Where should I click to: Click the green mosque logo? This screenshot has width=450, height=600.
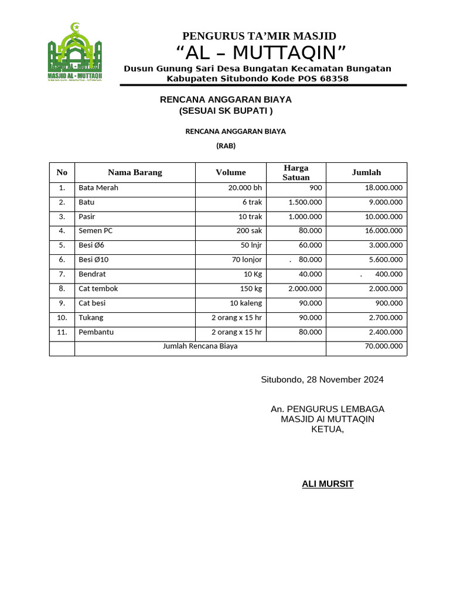(74, 53)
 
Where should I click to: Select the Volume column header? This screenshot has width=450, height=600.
(230, 172)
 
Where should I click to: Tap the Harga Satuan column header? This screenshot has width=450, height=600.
(295, 172)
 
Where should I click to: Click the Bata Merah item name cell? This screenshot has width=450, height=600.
(98, 187)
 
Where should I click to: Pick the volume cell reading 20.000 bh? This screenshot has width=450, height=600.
(245, 187)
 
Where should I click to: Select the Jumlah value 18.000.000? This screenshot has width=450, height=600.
(383, 187)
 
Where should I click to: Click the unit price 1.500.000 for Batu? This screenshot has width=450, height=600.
(305, 202)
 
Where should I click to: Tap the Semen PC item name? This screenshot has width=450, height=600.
(96, 231)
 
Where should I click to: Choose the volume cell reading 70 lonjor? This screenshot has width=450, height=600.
(247, 260)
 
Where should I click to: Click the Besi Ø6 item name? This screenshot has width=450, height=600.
(91, 246)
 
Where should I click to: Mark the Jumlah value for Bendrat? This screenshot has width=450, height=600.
(388, 274)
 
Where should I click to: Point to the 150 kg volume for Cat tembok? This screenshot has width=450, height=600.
(251, 289)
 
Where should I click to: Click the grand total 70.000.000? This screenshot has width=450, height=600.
(383, 346)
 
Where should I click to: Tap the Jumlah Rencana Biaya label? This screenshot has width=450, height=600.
(200, 346)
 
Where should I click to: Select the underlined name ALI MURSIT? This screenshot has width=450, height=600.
(328, 484)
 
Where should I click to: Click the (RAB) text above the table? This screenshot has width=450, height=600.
(226, 146)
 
